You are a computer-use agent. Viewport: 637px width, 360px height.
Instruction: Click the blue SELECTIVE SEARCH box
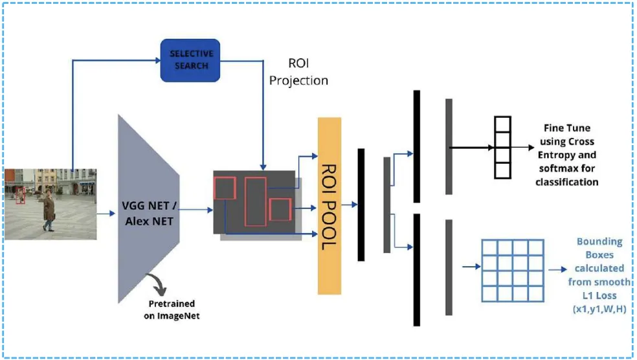click(x=190, y=60)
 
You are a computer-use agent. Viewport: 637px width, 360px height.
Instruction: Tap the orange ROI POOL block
click(x=330, y=206)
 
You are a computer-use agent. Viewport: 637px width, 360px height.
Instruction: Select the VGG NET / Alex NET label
click(x=149, y=213)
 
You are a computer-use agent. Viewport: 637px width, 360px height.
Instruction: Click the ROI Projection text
click(x=298, y=71)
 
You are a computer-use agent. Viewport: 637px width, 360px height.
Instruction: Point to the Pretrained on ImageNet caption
click(x=172, y=309)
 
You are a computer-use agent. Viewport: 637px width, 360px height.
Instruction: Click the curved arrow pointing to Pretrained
click(x=159, y=283)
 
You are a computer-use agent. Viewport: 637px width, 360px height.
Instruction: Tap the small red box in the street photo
click(x=20, y=196)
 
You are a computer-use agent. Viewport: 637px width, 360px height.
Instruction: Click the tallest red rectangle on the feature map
click(x=256, y=201)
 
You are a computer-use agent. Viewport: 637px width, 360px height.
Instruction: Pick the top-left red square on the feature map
click(x=225, y=188)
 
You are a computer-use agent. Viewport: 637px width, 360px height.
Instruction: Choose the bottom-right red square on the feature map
click(x=280, y=210)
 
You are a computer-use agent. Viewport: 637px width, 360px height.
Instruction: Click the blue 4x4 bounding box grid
click(x=513, y=271)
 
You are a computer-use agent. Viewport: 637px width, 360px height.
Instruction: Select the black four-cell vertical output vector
click(x=502, y=148)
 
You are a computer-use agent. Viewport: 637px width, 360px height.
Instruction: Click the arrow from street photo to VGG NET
click(x=106, y=213)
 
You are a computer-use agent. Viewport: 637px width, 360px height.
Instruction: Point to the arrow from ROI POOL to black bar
click(x=350, y=205)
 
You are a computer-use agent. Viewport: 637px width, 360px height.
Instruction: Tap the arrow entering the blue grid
click(x=472, y=267)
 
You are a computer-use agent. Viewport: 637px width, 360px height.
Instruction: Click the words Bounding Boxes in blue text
click(x=599, y=248)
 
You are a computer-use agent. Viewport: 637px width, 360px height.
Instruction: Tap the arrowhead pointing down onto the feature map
click(x=263, y=167)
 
